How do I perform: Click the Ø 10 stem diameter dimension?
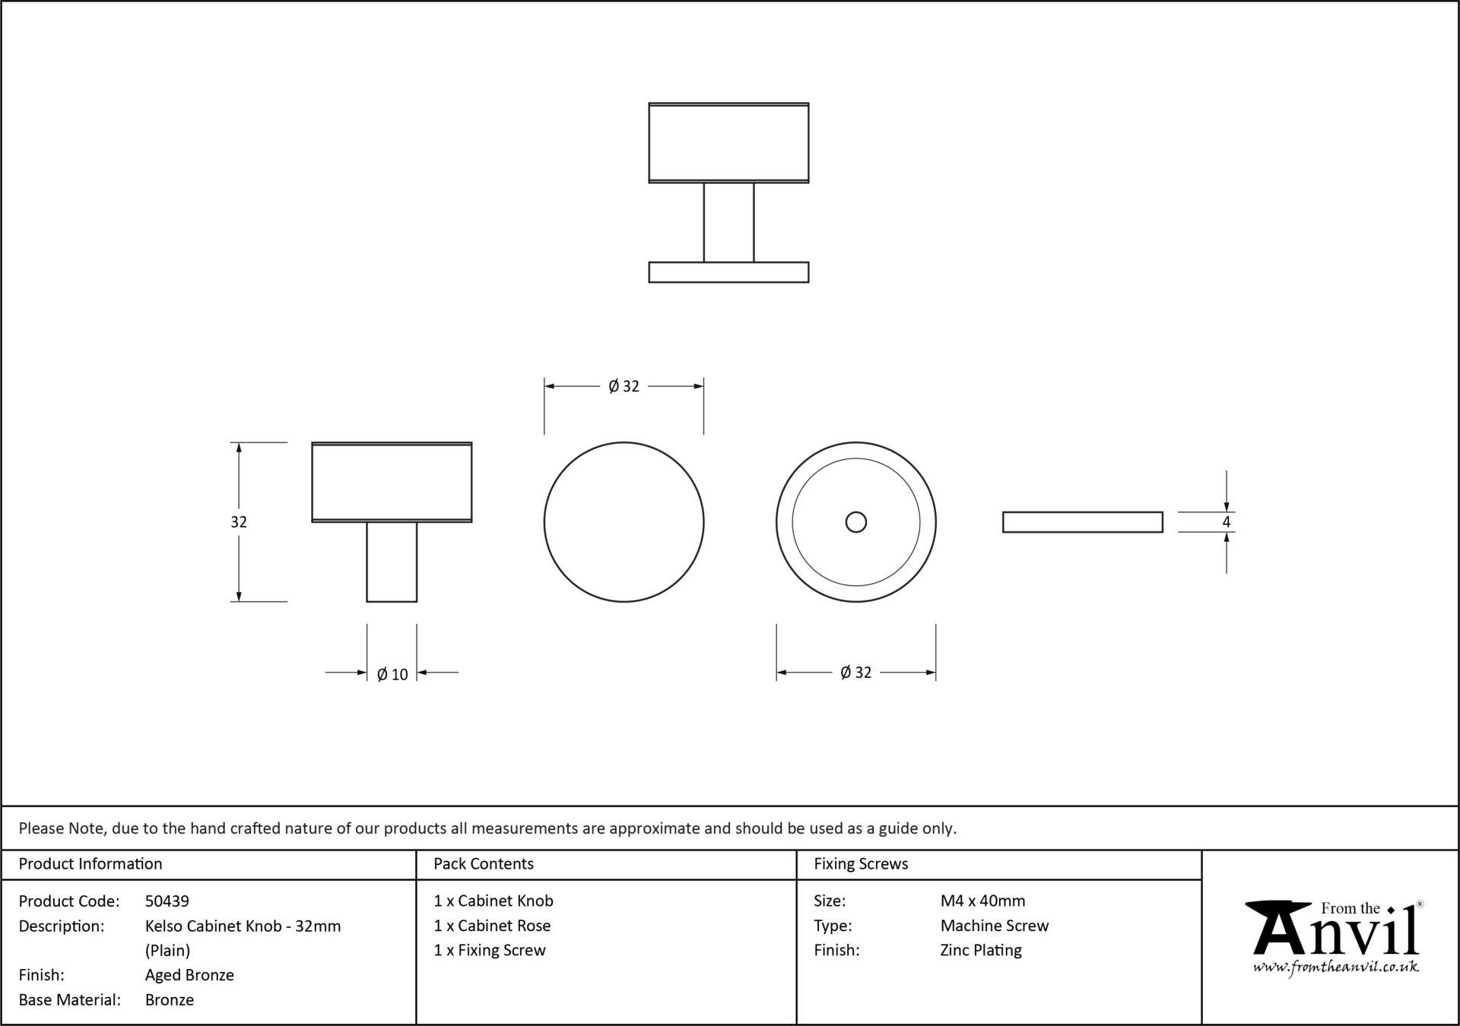tap(392, 674)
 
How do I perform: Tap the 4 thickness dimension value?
tap(1226, 522)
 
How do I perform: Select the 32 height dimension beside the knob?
tap(239, 522)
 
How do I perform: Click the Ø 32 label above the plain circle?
tap(624, 386)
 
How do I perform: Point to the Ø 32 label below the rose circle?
tap(855, 673)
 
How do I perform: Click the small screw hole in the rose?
tap(856, 522)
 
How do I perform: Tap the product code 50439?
tap(167, 901)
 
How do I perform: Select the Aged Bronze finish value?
tap(189, 975)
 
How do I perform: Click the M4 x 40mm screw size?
tap(982, 901)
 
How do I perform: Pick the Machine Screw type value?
tap(995, 926)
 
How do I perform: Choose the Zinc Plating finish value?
tap(981, 951)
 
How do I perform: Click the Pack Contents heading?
tap(484, 864)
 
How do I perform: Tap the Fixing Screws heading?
tap(861, 864)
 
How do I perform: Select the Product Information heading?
tap(90, 864)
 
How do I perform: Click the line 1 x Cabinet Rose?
tap(492, 926)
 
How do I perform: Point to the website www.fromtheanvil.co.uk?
tap(1335, 967)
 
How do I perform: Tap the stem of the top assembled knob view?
tap(728, 223)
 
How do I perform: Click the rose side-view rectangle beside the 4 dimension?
tap(1083, 522)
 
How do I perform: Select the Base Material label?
tap(70, 1000)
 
